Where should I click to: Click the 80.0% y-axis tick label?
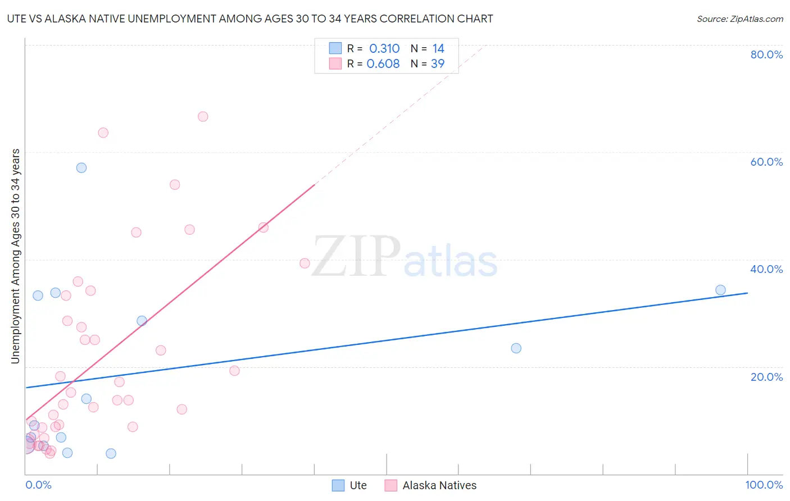766,54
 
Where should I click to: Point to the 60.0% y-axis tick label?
766,162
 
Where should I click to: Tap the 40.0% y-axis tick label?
766,269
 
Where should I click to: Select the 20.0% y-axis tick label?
766,377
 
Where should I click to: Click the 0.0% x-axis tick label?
38,485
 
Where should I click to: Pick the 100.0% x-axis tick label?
764,485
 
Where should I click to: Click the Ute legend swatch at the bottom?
338,485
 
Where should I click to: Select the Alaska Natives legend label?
439,485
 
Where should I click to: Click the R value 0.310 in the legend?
384,49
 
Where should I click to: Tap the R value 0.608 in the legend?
383,64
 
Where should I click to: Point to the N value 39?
438,64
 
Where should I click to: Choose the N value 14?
438,49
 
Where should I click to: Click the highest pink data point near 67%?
203,117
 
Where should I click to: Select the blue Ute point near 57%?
81,168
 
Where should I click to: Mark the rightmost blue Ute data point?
720,290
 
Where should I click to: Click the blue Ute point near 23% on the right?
516,348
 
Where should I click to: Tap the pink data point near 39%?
305,263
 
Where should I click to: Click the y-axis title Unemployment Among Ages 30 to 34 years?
15,256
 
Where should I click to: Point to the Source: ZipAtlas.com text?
739,19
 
